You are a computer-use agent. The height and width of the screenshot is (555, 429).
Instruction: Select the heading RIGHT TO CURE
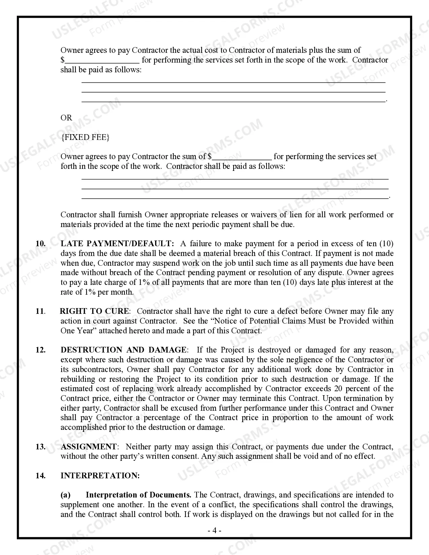tap(94, 311)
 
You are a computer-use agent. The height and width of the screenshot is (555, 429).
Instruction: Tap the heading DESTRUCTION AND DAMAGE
tap(123, 350)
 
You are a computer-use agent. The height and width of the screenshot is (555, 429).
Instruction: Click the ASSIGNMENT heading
tap(88, 447)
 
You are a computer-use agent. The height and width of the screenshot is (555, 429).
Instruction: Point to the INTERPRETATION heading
tap(100, 476)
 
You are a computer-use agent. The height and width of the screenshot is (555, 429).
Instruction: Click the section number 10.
tap(40, 244)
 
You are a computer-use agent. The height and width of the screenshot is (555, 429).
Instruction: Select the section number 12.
tap(40, 350)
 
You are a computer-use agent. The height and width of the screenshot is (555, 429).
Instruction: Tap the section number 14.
tap(40, 476)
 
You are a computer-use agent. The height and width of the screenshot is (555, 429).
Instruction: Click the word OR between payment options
tap(66, 118)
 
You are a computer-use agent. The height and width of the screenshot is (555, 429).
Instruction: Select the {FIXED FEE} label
tap(85, 137)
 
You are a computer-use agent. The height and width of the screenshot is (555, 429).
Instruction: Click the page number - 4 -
tap(214, 531)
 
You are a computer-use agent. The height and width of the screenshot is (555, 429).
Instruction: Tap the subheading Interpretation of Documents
tap(138, 495)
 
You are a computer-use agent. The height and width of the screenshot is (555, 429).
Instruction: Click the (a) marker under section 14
tap(66, 495)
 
